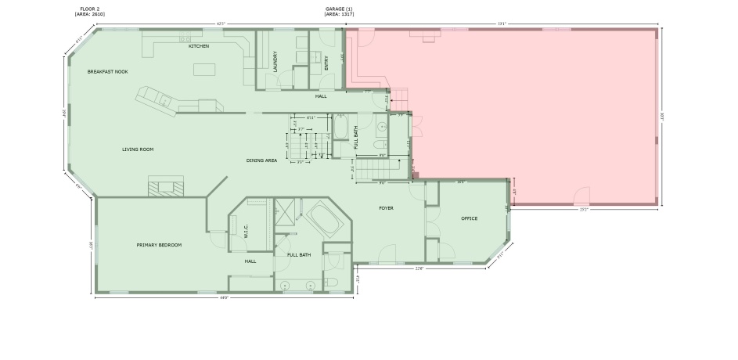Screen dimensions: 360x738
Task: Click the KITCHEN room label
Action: click(199, 46)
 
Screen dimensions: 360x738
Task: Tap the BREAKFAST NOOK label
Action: click(107, 71)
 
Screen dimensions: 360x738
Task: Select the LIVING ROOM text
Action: click(137, 149)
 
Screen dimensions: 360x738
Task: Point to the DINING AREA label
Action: click(261, 160)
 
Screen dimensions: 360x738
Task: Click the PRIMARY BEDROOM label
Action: click(159, 245)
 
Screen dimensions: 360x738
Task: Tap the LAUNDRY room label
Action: click(275, 62)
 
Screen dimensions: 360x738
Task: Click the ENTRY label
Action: click(327, 63)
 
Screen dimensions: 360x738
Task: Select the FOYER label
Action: click(386, 208)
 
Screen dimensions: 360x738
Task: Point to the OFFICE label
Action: click(469, 218)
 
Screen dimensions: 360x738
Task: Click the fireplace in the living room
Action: click(166, 187)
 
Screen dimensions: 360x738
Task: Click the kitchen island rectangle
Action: click(203, 70)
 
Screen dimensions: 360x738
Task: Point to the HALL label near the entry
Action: click(321, 96)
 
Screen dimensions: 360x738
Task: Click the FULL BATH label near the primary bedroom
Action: click(299, 254)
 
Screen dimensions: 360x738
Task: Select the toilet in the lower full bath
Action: click(332, 282)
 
